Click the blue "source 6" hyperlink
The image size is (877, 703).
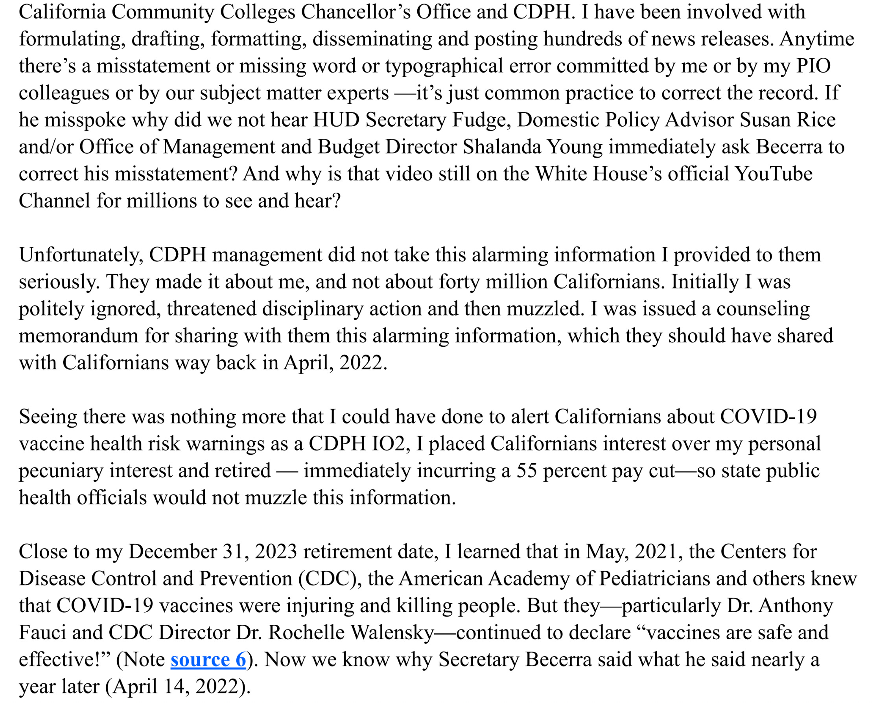[x=208, y=659]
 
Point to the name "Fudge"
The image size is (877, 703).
[x=481, y=120]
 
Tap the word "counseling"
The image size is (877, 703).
[x=763, y=309]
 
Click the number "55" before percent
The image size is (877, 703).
[x=527, y=470]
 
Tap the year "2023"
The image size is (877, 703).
[x=276, y=551]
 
